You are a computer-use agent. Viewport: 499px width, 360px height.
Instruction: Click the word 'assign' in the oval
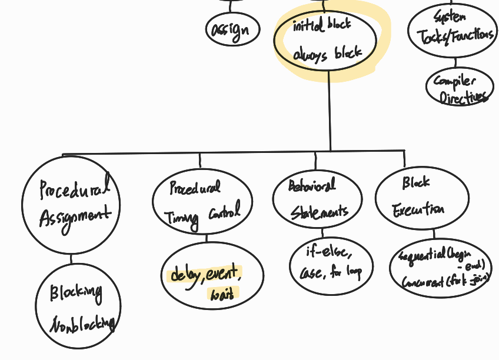[x=232, y=29]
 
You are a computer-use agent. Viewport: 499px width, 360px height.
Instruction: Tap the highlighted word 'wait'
[x=222, y=292]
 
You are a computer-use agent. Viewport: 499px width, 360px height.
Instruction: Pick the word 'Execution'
[x=419, y=209]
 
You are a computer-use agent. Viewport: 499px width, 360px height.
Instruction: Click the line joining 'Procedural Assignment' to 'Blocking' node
[x=71, y=259]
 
